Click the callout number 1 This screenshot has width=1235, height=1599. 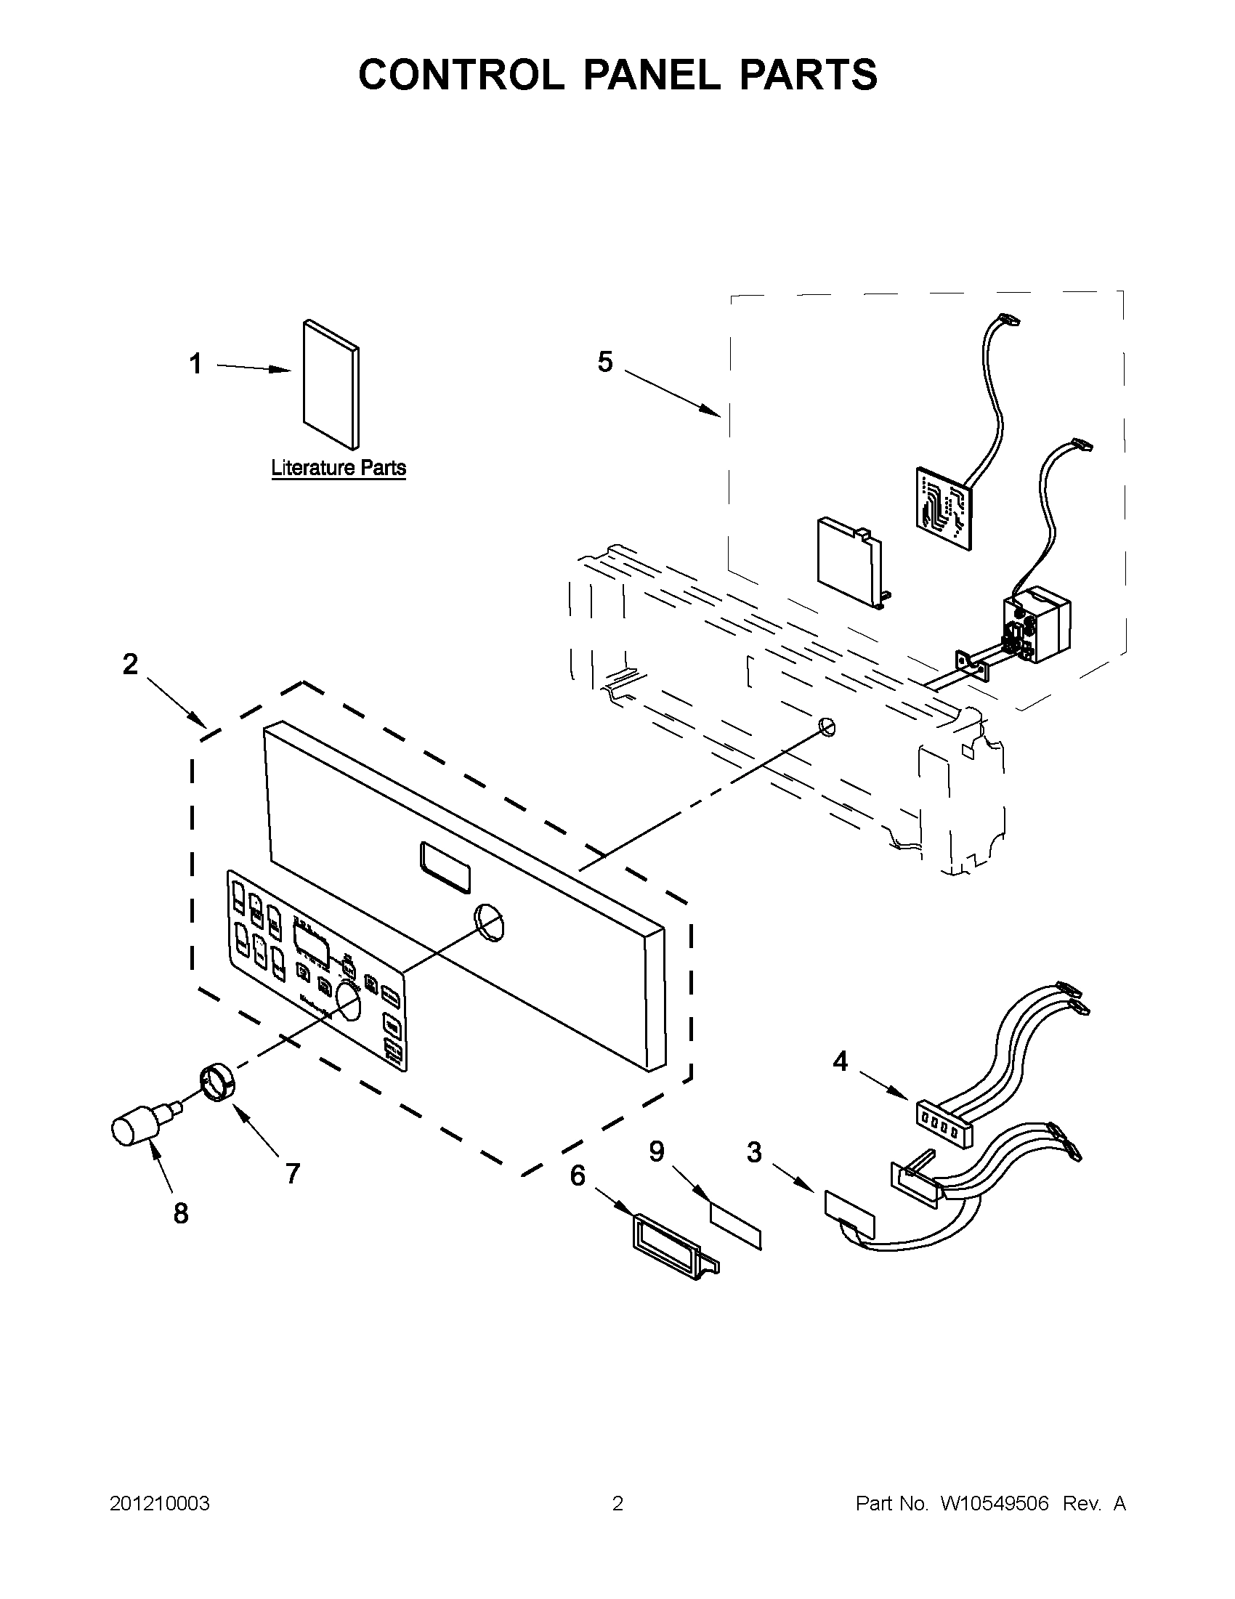click(195, 364)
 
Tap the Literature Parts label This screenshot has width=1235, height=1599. click(339, 468)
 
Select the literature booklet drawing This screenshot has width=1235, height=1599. click(331, 384)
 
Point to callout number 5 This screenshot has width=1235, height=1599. click(604, 362)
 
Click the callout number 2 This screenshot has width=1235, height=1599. click(129, 664)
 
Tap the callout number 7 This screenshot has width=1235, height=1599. click(293, 1173)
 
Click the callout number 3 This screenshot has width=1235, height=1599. click(754, 1153)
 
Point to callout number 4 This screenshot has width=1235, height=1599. click(841, 1061)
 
